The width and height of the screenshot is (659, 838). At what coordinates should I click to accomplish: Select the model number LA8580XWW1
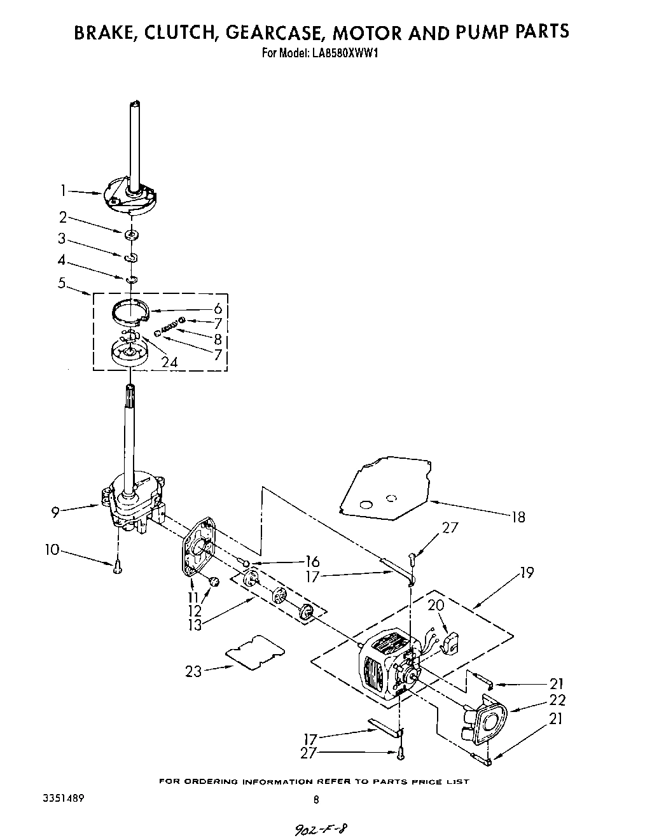(347, 53)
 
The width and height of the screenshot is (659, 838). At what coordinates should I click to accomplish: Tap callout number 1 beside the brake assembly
(63, 190)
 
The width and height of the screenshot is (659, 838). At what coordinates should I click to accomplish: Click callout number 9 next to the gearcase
(56, 511)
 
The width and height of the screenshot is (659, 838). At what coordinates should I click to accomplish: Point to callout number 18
(518, 517)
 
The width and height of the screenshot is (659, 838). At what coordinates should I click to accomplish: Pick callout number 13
(194, 625)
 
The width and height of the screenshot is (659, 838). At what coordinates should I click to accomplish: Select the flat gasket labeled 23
(255, 651)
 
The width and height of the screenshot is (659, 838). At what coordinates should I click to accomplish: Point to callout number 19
(526, 573)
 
